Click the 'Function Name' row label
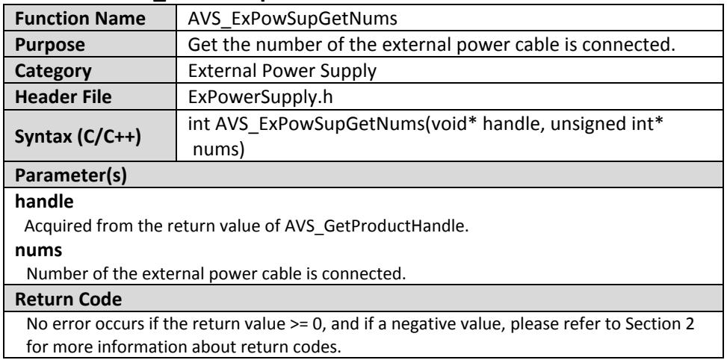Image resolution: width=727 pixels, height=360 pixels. click(80, 18)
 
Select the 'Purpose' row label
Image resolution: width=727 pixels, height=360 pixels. click(50, 45)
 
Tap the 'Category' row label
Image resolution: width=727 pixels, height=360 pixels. click(53, 72)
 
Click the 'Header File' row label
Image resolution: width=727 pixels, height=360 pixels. click(64, 97)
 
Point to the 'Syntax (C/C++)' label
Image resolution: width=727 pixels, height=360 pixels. click(78, 136)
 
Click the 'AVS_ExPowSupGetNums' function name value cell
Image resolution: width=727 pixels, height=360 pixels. click(293, 18)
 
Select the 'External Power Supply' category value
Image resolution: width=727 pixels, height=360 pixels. click(282, 71)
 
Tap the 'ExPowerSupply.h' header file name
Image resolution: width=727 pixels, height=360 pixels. click(260, 97)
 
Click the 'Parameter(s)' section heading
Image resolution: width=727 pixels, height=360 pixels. click(71, 176)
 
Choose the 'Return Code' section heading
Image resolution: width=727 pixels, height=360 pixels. click(69, 300)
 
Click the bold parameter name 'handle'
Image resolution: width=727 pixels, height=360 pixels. click(45, 202)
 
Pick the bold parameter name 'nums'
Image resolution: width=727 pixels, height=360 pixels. click(39, 250)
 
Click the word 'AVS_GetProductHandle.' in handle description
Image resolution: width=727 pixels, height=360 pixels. click(375, 226)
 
